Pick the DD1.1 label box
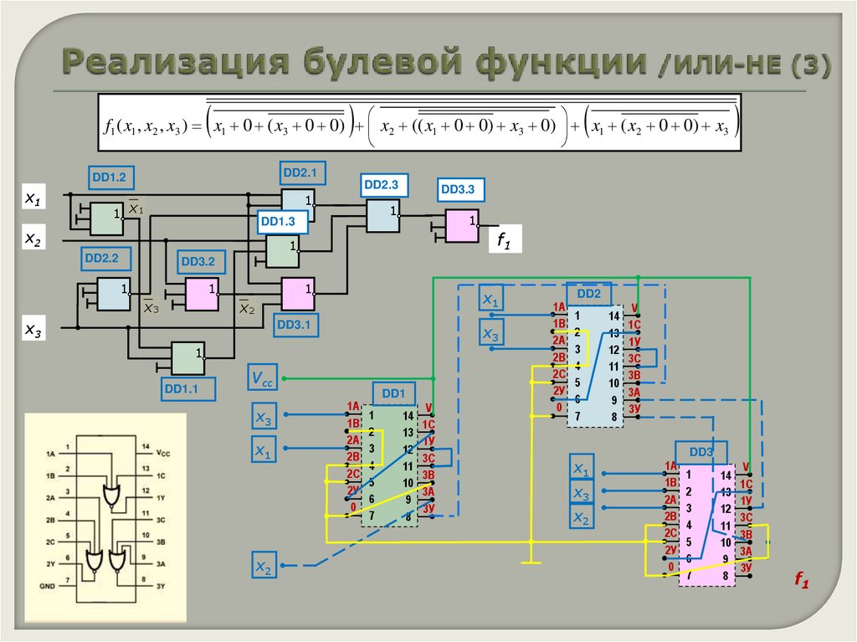(189, 388)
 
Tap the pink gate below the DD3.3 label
(461, 224)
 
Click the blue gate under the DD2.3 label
(382, 216)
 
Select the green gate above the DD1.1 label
(187, 357)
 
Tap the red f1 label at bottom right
(801, 581)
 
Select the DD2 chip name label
(589, 294)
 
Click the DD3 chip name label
(701, 452)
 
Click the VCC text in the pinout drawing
(164, 453)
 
